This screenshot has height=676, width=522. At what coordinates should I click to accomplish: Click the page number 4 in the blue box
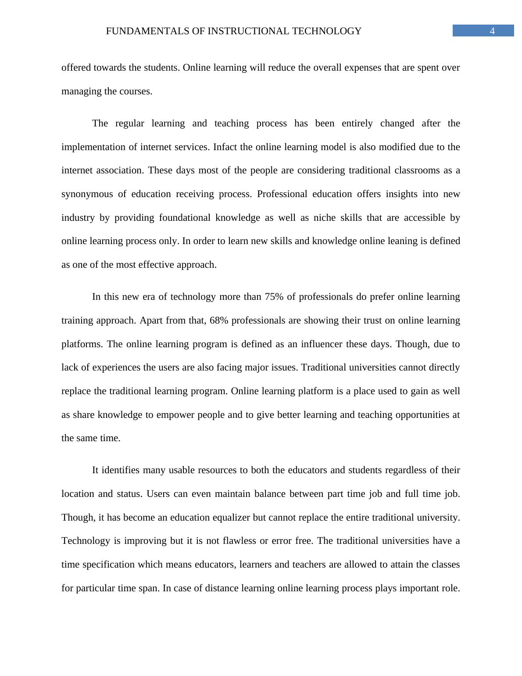492,31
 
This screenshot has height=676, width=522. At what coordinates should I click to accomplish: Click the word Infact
225,147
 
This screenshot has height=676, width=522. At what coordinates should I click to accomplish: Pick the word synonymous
87,194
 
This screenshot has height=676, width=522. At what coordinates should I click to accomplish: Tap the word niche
325,218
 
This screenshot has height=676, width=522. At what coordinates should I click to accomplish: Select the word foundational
185,218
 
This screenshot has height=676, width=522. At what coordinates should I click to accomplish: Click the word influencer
321,344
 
